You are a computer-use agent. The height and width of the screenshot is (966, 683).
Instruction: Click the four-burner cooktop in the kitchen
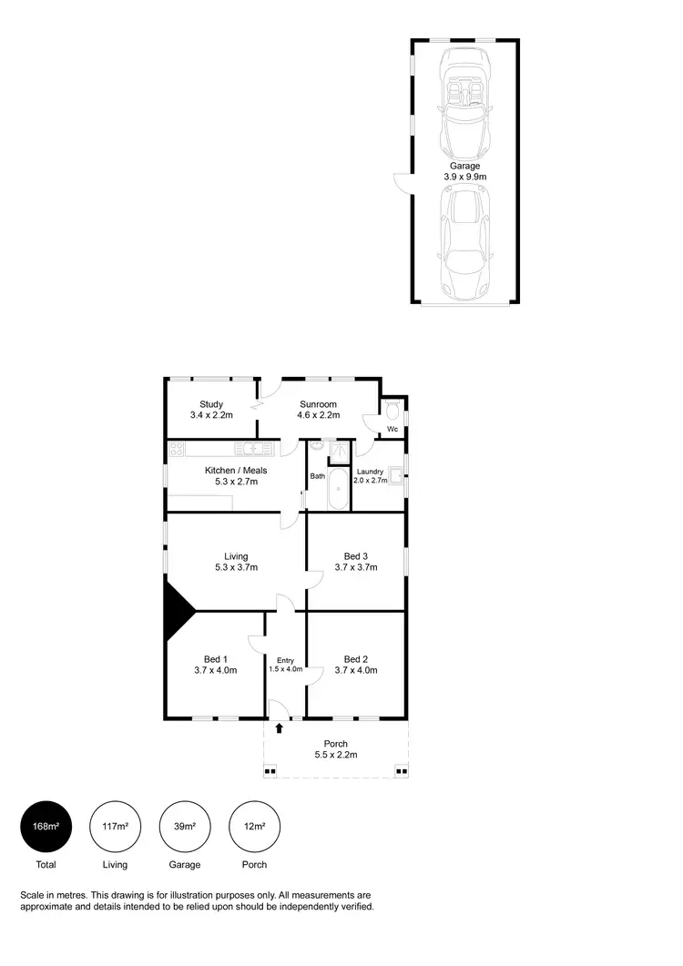point(176,448)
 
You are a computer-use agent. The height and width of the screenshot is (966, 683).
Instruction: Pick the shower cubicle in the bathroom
point(339,452)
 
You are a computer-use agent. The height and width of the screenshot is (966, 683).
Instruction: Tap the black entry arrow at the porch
point(280,727)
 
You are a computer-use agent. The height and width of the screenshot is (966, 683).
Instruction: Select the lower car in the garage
point(465,242)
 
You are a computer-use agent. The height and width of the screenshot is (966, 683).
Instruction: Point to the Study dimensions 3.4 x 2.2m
point(212,415)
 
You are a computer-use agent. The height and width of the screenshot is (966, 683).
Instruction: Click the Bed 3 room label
point(356,556)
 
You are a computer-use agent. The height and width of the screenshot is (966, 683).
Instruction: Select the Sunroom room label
point(318,404)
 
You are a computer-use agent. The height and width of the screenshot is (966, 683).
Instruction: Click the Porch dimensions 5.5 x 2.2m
point(336,755)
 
